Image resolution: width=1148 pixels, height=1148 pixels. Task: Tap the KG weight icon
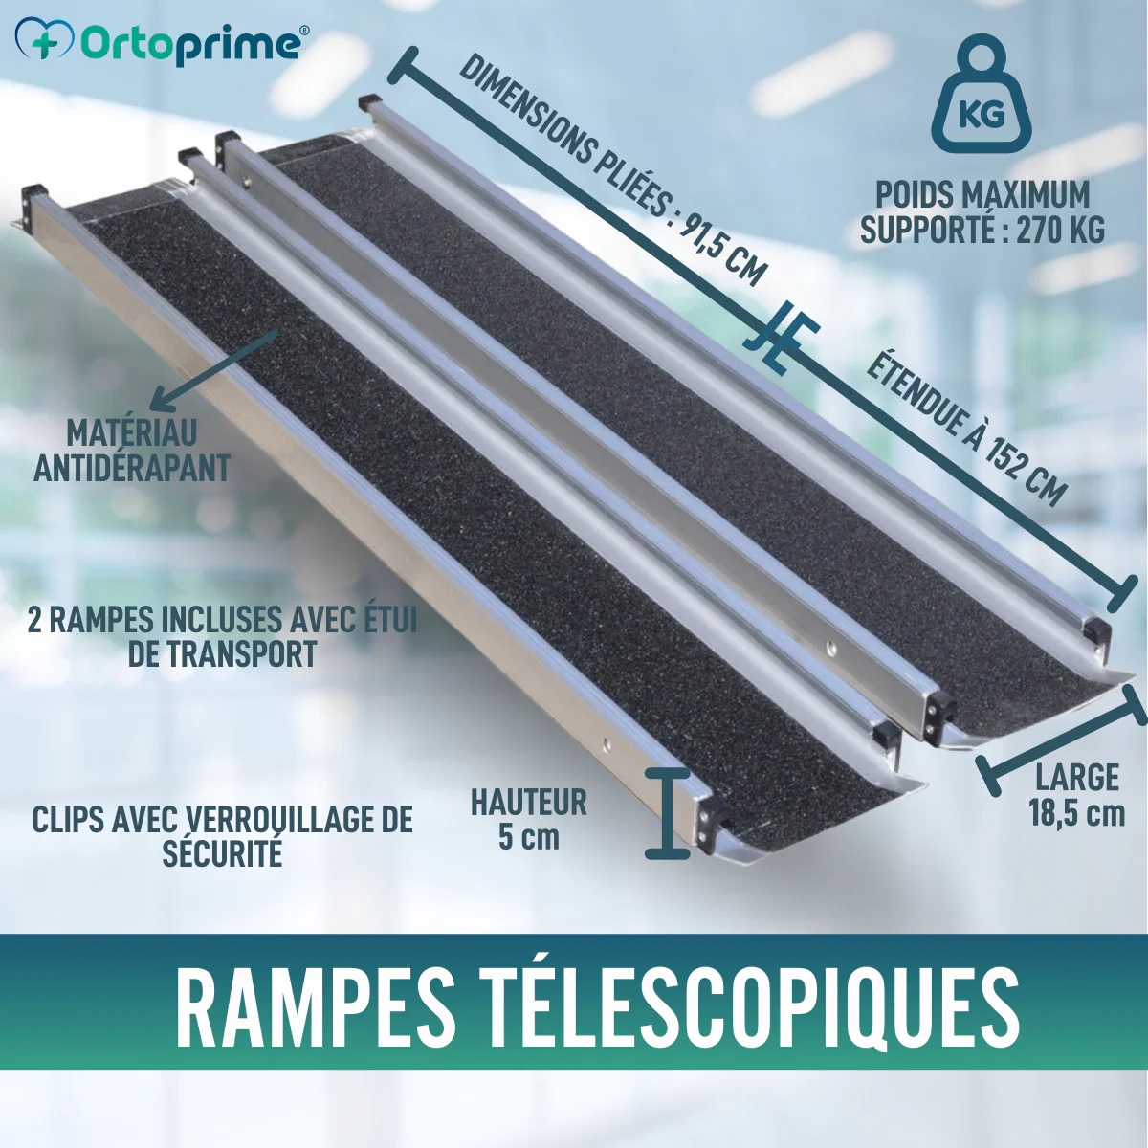pyautogui.click(x=982, y=97)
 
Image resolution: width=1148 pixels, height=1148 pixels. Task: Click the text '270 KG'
pyautogui.click(x=1060, y=230)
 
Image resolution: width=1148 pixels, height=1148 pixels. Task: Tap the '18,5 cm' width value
pyautogui.click(x=1077, y=814)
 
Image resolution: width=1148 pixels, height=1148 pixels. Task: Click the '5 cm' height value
pyautogui.click(x=529, y=838)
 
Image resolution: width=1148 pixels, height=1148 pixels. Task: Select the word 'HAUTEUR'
pyautogui.click(x=529, y=802)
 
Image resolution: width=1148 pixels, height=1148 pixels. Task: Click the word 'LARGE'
pyautogui.click(x=1077, y=778)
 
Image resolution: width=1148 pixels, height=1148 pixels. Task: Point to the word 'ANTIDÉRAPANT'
pyautogui.click(x=132, y=468)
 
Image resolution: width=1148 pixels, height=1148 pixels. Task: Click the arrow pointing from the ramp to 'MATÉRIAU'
pyautogui.click(x=213, y=370)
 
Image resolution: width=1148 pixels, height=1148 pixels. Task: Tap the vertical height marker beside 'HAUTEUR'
pyautogui.click(x=668, y=812)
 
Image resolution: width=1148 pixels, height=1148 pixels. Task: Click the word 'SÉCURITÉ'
pyautogui.click(x=222, y=853)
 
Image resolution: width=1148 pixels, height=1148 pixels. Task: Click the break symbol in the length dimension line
pyautogui.click(x=781, y=337)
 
